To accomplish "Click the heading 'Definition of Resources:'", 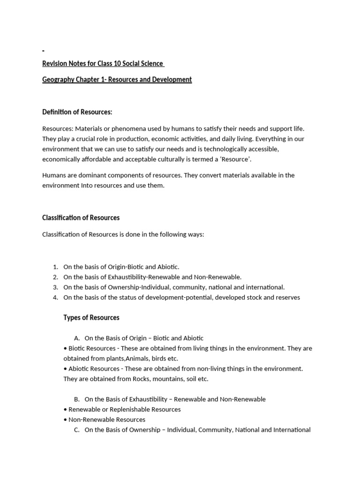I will coord(77,112).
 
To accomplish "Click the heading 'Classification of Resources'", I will coord(81,217).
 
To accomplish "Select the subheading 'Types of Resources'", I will coord(91,317).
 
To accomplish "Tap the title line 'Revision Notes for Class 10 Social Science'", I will coord(103,63).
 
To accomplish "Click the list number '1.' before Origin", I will coord(55,267).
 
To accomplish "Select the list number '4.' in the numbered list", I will coord(55,297).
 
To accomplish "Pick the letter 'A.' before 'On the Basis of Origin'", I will coord(77,338).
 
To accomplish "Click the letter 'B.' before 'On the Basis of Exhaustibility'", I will coord(77,399).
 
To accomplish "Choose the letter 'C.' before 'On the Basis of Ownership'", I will coord(77,429).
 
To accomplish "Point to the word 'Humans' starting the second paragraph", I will coord(54,175).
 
